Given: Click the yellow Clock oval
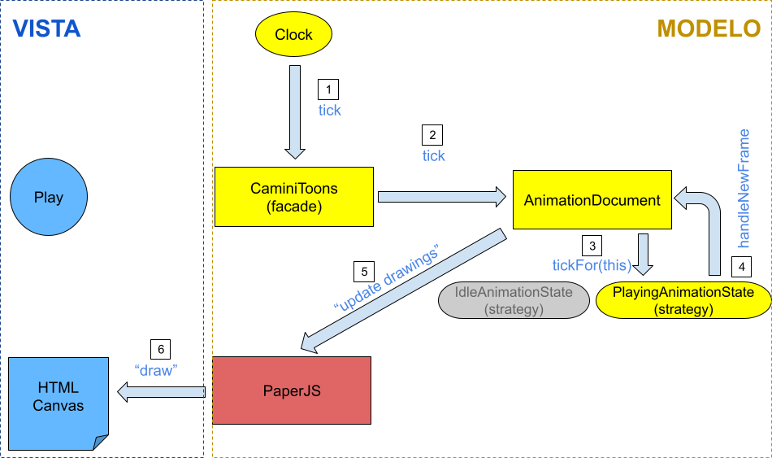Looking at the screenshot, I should coord(294,34).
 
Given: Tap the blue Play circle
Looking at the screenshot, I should coord(49,198).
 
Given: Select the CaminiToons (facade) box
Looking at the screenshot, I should coord(294,197).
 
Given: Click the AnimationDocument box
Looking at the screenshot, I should coord(592,200).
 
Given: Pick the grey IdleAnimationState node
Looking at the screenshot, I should coord(514,300).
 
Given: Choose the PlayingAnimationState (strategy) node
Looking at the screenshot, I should coord(683,300).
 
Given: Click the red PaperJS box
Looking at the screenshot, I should coord(292,390).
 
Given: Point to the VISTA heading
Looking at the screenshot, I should coord(46,29).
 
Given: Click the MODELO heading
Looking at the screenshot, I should coord(709,29).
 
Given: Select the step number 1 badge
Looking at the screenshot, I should coord(328,89).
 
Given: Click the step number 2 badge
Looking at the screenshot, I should coord(432,135).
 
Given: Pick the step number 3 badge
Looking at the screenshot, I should coord(592,246).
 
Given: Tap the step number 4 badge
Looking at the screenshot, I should coord(740,265).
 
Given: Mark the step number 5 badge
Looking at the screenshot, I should coord(365,272).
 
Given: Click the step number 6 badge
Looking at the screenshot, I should coord(161,350).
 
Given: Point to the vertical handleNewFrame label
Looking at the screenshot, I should coord(743,188).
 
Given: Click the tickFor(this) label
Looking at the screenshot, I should coord(592,264).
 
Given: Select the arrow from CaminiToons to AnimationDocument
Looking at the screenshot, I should coord(442,196).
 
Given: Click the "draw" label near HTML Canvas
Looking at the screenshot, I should coord(156,369).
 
